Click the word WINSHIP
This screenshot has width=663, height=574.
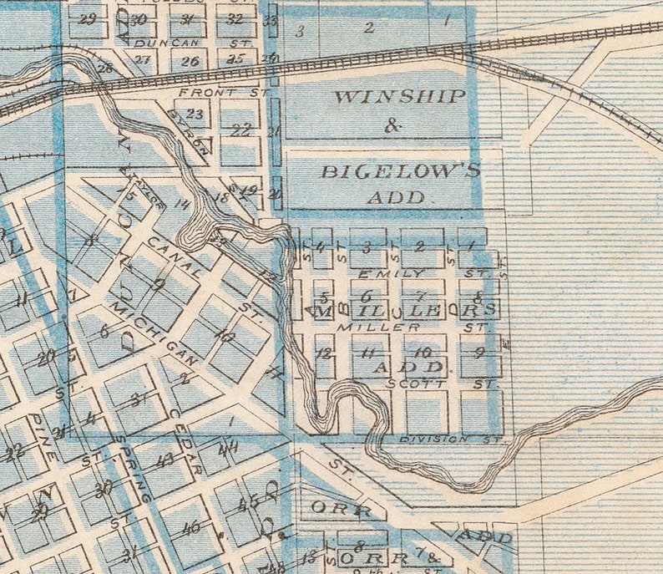399,96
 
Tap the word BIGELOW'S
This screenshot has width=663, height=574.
401,171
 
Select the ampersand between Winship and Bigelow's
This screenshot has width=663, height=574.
393,125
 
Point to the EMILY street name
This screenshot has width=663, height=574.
390,273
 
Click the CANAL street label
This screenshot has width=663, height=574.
173,257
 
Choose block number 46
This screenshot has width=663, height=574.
190,527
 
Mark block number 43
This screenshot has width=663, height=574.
164,460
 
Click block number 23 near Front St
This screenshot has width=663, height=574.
195,114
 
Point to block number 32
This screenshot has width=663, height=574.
235,18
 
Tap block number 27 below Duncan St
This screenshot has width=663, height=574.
143,59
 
